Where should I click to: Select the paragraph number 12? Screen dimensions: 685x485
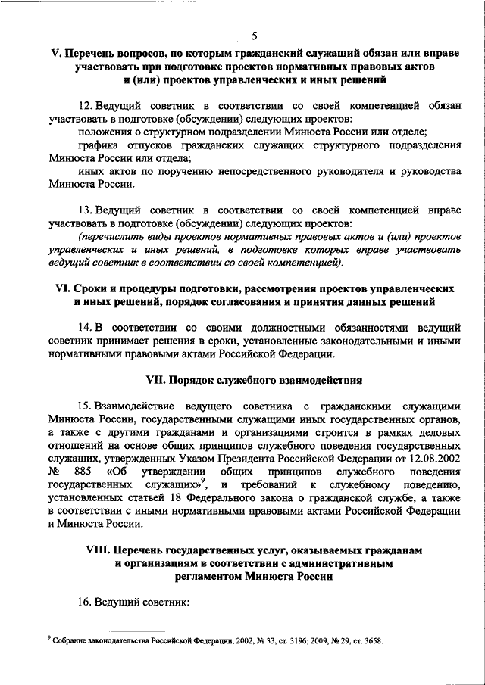click(x=85, y=106)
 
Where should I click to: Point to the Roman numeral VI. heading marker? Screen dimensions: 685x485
click(x=59, y=290)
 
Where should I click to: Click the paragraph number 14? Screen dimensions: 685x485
click(x=85, y=327)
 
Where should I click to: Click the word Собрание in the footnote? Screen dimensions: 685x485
click(x=68, y=640)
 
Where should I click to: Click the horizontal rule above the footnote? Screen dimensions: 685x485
click(x=105, y=630)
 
